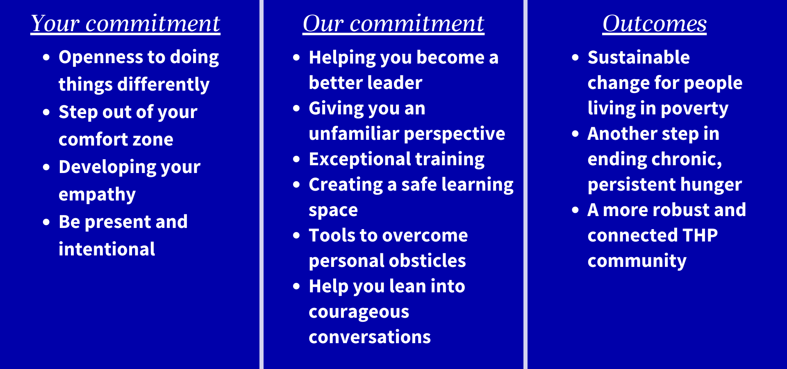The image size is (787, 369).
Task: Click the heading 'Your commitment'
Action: point(125,23)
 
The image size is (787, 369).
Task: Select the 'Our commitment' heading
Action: point(393,23)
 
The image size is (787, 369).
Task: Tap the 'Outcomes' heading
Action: point(655,23)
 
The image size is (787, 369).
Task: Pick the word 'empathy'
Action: point(97,195)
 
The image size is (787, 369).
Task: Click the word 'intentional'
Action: point(107,249)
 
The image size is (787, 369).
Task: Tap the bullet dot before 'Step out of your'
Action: point(46,112)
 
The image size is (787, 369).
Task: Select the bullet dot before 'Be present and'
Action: point(46,222)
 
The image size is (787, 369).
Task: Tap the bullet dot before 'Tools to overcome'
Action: point(297,235)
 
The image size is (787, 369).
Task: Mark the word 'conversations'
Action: point(370,337)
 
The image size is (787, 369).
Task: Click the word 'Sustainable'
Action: point(639,57)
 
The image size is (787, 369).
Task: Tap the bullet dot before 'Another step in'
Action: point(575,134)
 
